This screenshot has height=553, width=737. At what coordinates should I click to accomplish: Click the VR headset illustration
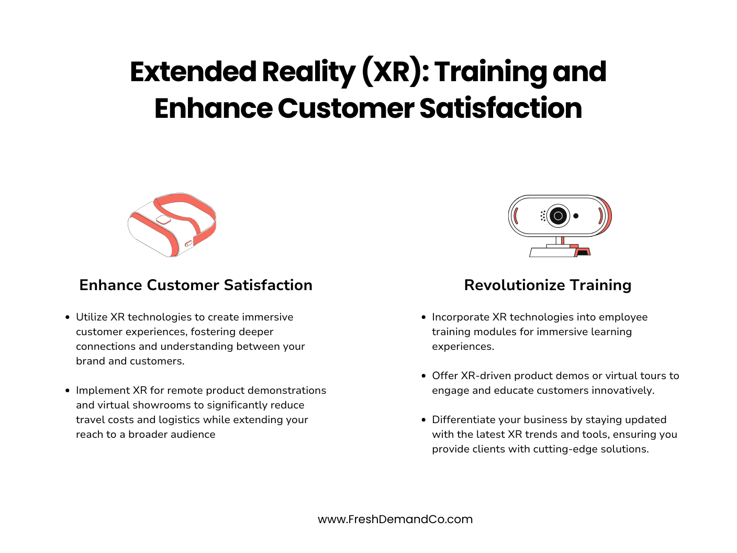coord(172,224)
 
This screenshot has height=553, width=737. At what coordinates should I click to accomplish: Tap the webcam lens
coord(558,215)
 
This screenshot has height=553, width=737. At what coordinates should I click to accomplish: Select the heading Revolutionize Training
coord(548,285)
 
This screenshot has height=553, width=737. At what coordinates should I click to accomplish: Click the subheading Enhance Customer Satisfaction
coord(196,285)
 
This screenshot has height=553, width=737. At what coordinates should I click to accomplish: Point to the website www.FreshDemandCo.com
coord(395,519)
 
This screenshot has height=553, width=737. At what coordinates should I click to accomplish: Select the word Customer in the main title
coord(345,108)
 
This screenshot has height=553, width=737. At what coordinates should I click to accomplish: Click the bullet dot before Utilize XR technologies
coord(68,317)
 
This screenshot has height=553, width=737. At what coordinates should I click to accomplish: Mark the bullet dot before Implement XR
coord(68,390)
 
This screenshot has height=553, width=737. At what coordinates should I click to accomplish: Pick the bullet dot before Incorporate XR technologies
coord(423,317)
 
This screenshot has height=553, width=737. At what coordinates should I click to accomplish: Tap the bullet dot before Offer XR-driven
coord(423,375)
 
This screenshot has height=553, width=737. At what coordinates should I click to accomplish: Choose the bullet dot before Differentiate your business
coord(423,419)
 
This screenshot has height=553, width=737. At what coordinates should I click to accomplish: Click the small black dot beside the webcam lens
coord(576,216)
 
